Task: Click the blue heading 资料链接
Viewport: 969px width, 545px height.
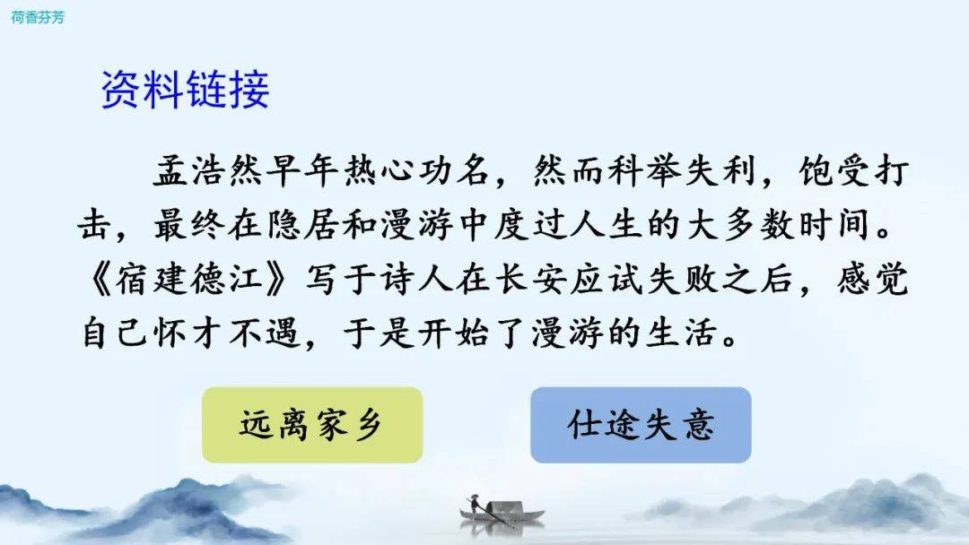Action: (185, 90)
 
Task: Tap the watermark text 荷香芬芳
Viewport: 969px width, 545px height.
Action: (37, 17)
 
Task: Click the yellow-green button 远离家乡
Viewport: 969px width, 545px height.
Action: (312, 425)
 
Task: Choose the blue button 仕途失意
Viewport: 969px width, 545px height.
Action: (641, 425)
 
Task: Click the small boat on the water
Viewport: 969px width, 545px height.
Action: (502, 513)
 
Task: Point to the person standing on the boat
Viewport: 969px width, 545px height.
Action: (474, 503)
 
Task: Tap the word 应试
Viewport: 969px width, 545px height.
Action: (607, 279)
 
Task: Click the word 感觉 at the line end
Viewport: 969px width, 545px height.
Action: (873, 279)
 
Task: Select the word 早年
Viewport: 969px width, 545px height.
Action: (303, 171)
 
